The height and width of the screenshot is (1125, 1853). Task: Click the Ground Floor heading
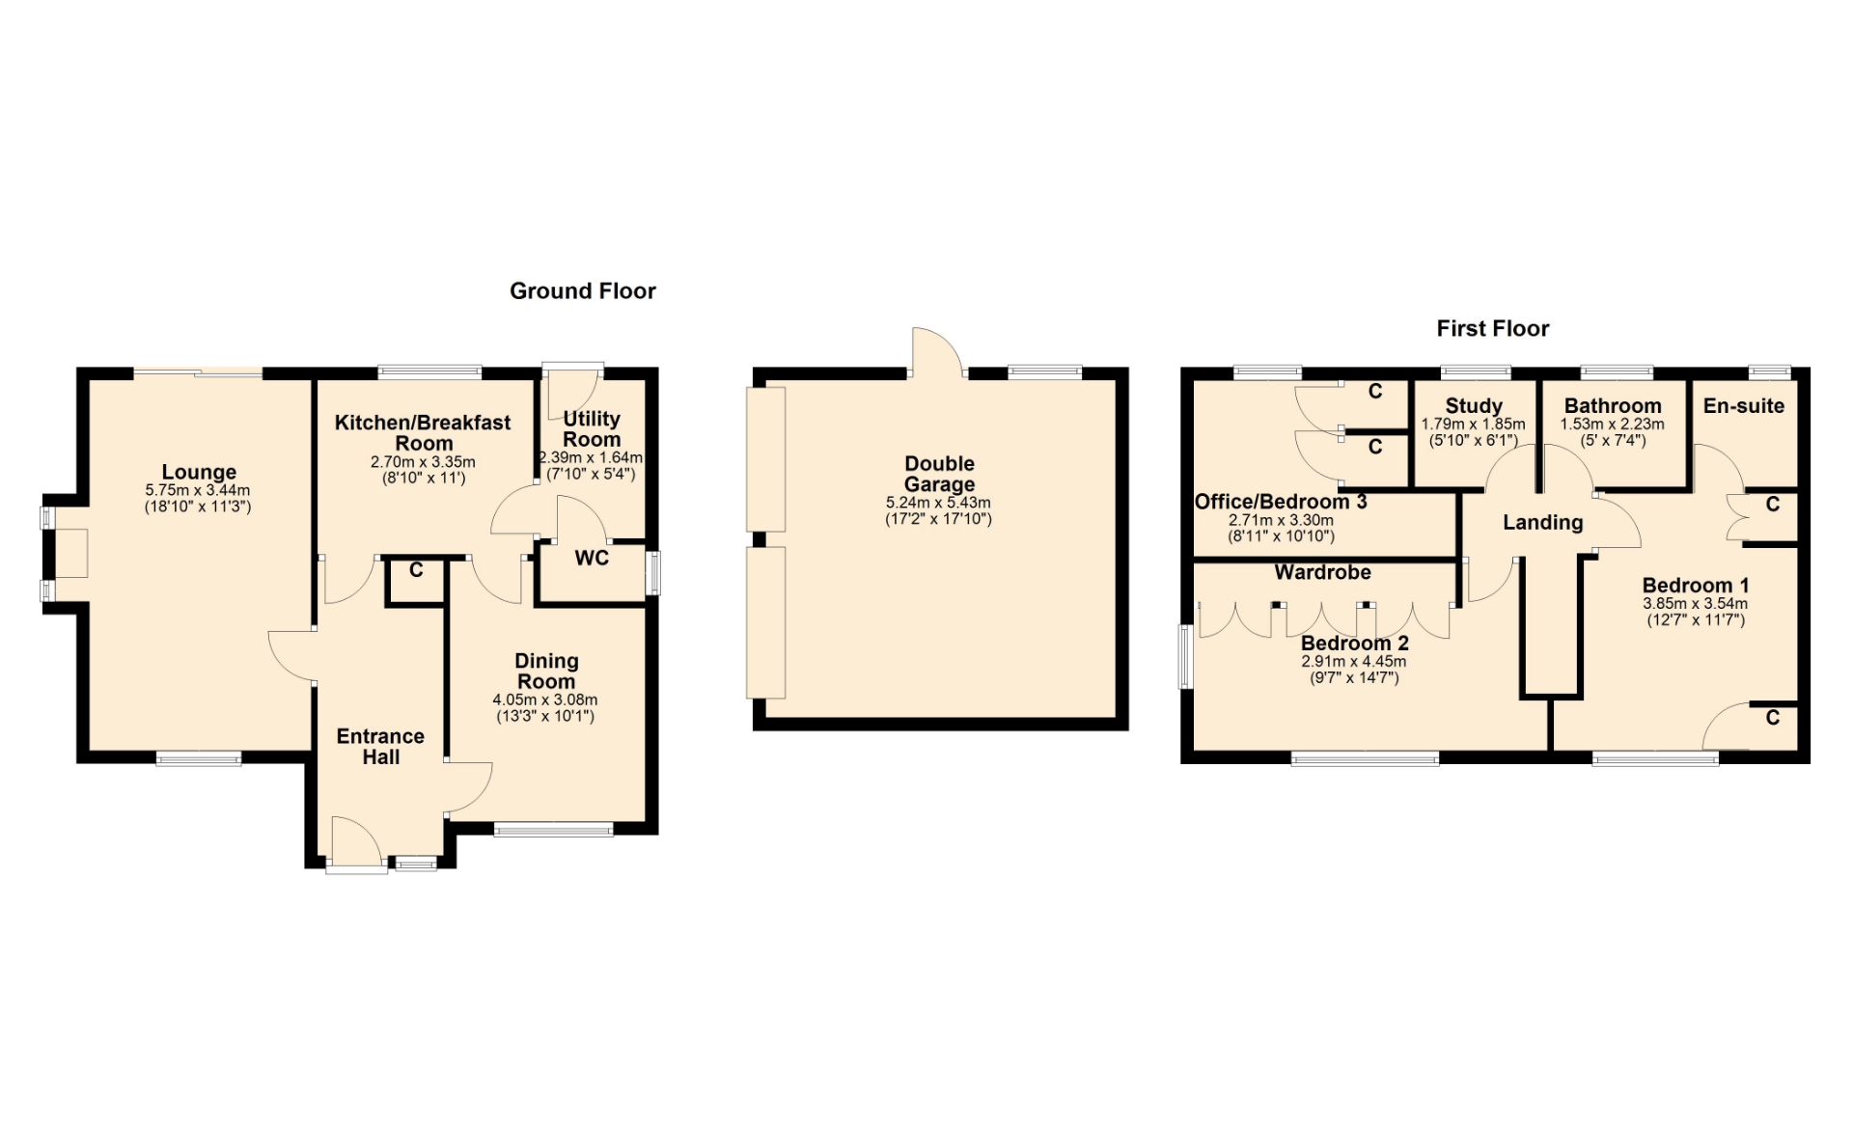coord(583,290)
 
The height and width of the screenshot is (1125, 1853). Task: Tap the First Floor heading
coord(1493,328)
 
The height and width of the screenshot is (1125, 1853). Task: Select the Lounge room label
coord(199,472)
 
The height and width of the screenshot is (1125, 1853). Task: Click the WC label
coord(592,558)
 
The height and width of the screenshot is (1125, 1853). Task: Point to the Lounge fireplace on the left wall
coord(69,554)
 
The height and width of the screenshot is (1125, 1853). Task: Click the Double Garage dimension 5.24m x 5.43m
coord(938,503)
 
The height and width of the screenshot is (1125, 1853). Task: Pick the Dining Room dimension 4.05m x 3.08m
coord(545,700)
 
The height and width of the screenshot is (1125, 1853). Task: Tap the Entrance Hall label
coord(380,747)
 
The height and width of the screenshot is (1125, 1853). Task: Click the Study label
coord(1474,406)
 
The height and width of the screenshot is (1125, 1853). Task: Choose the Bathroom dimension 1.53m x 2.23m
coord(1613,425)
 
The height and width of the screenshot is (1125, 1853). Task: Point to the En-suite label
coord(1744,406)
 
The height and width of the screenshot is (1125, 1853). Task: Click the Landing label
coord(1543,523)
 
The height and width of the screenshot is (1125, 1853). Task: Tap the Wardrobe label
coord(1322,572)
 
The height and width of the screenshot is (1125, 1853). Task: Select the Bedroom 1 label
coord(1696,586)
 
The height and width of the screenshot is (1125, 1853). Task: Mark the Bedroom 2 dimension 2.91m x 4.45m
coord(1354,662)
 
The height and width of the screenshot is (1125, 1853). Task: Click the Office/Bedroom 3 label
coord(1281,502)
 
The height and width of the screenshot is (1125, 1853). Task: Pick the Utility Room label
coord(592,429)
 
